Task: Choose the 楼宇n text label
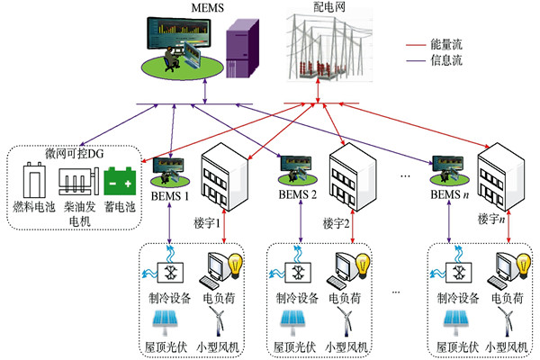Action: coord(491,220)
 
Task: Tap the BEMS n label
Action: coord(454,195)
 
